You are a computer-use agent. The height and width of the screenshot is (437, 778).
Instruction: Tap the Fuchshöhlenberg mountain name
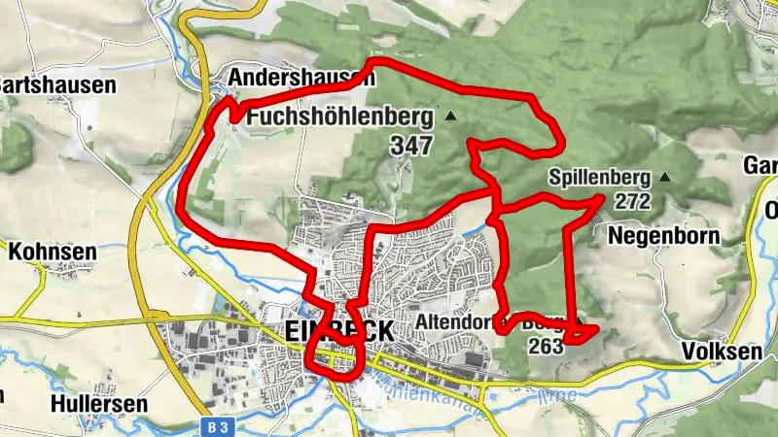click(x=339, y=117)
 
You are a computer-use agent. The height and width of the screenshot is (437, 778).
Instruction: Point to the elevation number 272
click(x=632, y=202)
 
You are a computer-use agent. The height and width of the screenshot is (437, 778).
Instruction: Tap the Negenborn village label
click(x=663, y=235)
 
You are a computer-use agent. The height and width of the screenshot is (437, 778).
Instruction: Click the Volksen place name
click(x=723, y=352)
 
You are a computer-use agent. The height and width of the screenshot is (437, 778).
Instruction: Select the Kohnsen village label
click(x=53, y=252)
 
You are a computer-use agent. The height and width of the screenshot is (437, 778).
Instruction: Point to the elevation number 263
click(x=547, y=346)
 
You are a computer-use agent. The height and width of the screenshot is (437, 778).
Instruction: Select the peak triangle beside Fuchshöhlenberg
click(x=450, y=117)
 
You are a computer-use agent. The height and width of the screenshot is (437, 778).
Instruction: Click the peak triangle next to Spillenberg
click(x=664, y=178)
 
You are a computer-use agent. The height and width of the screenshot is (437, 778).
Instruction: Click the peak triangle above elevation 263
click(x=580, y=320)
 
